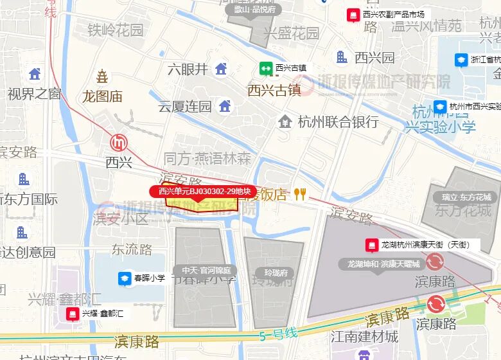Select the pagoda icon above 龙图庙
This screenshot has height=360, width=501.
pyautogui.click(x=102, y=77)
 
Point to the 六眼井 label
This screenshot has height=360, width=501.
pyautogui.click(x=188, y=69)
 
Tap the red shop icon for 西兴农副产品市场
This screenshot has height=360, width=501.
pyautogui.click(x=353, y=14)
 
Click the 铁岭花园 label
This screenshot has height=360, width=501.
pyautogui.click(x=115, y=30)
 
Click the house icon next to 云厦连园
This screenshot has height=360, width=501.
pyautogui.click(x=224, y=105)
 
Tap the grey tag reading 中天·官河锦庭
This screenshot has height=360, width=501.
pyautogui.click(x=205, y=271)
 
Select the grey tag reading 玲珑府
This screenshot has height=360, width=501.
pyautogui.click(x=274, y=272)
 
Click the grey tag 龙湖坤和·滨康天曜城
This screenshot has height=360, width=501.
pyautogui.click(x=383, y=264)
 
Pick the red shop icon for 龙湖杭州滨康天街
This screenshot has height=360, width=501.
pyautogui.click(x=371, y=245)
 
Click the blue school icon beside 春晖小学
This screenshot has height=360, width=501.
pyautogui.click(x=124, y=278)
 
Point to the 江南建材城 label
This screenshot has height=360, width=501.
pyautogui.click(x=364, y=336)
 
